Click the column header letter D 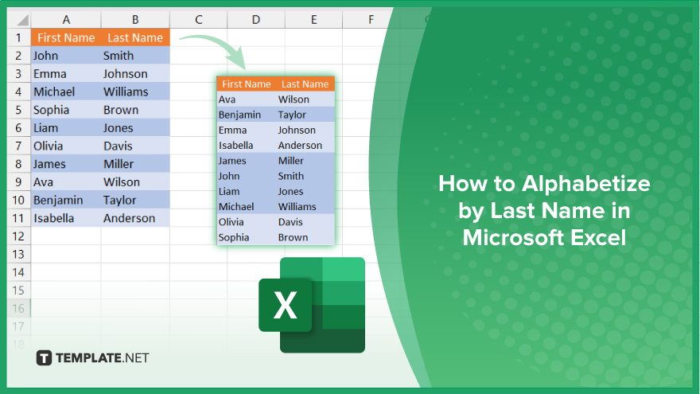tap(256, 20)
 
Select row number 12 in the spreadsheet tap(18, 236)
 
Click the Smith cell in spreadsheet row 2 tap(119, 56)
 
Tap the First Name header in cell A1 tap(66, 37)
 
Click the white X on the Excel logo tap(286, 305)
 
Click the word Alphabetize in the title tap(586, 184)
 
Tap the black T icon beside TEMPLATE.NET tap(44, 358)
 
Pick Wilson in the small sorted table tap(294, 99)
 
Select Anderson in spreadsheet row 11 tap(129, 218)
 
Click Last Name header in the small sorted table tap(305, 84)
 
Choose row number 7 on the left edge tap(18, 146)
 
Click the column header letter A tap(66, 20)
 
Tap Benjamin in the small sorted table tap(239, 115)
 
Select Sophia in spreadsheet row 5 tap(52, 111)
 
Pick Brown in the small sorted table tap(293, 237)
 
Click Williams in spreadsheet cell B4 tap(126, 92)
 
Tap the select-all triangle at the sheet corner tap(22, 20)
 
